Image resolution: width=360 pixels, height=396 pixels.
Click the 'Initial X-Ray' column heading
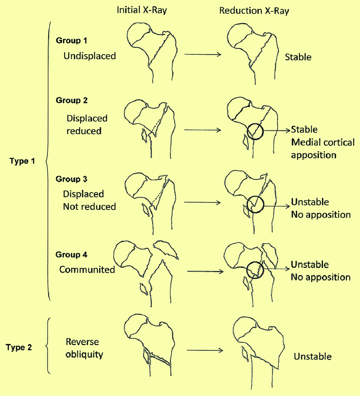142,10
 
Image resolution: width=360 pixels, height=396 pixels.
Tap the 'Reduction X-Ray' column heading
254,11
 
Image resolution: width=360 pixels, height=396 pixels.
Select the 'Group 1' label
72,40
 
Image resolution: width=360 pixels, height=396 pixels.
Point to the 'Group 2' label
72,100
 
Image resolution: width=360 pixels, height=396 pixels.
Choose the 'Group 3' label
72,179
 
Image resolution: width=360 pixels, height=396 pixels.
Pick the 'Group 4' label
72,254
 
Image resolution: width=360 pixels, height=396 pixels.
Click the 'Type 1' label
22,161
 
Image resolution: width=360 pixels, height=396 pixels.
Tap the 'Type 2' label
19,347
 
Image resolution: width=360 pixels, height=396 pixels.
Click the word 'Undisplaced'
90,56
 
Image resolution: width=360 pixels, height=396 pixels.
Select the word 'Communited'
87,269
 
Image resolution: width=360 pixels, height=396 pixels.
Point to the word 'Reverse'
82,342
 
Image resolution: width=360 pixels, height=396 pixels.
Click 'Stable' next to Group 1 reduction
298,57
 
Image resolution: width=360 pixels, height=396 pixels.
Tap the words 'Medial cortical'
323,142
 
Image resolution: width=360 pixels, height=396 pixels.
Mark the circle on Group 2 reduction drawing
247,131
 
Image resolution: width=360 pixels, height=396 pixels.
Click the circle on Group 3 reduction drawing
247,205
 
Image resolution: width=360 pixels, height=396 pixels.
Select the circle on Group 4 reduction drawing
246,270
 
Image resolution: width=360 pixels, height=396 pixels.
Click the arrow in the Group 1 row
203,54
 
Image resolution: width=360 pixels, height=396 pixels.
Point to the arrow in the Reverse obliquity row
205,350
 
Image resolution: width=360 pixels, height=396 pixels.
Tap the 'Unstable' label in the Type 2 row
313,356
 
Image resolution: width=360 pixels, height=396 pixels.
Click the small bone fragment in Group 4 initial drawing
144,289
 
